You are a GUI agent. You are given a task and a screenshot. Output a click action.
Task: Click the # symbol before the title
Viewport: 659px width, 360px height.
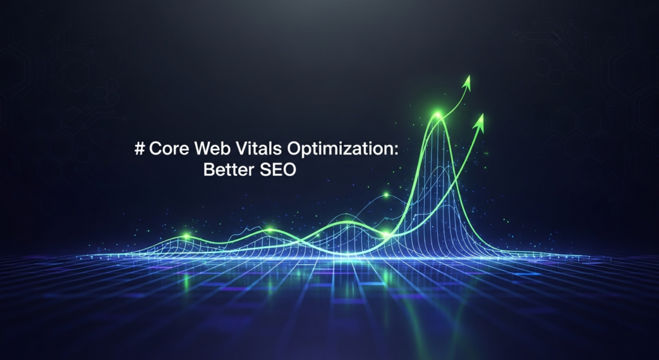(140, 149)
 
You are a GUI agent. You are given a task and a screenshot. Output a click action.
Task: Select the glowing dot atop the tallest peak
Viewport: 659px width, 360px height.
(438, 115)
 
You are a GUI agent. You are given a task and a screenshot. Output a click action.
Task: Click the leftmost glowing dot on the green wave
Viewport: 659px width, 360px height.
(187, 236)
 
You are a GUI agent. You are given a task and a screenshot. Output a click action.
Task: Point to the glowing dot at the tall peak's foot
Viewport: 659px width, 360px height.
(385, 233)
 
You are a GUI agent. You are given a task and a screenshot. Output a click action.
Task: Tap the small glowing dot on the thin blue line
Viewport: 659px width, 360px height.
(386, 194)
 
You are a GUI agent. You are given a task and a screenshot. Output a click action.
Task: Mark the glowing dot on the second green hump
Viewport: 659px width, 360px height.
(270, 228)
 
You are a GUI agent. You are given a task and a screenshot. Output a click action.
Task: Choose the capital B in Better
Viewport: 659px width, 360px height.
(209, 171)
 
